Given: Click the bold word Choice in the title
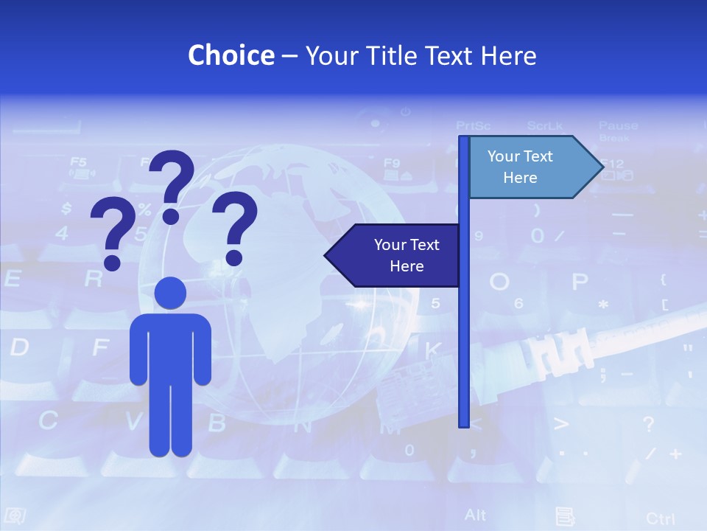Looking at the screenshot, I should click(x=231, y=56).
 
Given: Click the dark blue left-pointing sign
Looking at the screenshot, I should click(x=394, y=255).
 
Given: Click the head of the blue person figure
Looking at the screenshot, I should click(x=170, y=293).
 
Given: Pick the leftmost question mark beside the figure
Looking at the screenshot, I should click(x=113, y=235).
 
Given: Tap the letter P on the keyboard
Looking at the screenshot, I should click(x=580, y=282).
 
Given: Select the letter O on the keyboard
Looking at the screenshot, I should click(x=499, y=282).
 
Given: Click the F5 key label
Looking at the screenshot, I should click(x=78, y=162).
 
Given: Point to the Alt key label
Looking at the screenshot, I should click(x=476, y=515).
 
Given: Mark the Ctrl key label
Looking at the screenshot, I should click(x=660, y=518).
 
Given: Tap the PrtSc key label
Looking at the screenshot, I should click(x=474, y=125).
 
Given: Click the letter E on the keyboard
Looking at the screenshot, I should click(x=13, y=279).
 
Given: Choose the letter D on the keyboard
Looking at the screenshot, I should click(x=19, y=347).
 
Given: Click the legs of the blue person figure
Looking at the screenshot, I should click(x=170, y=413).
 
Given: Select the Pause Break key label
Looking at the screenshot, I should click(x=618, y=131).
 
